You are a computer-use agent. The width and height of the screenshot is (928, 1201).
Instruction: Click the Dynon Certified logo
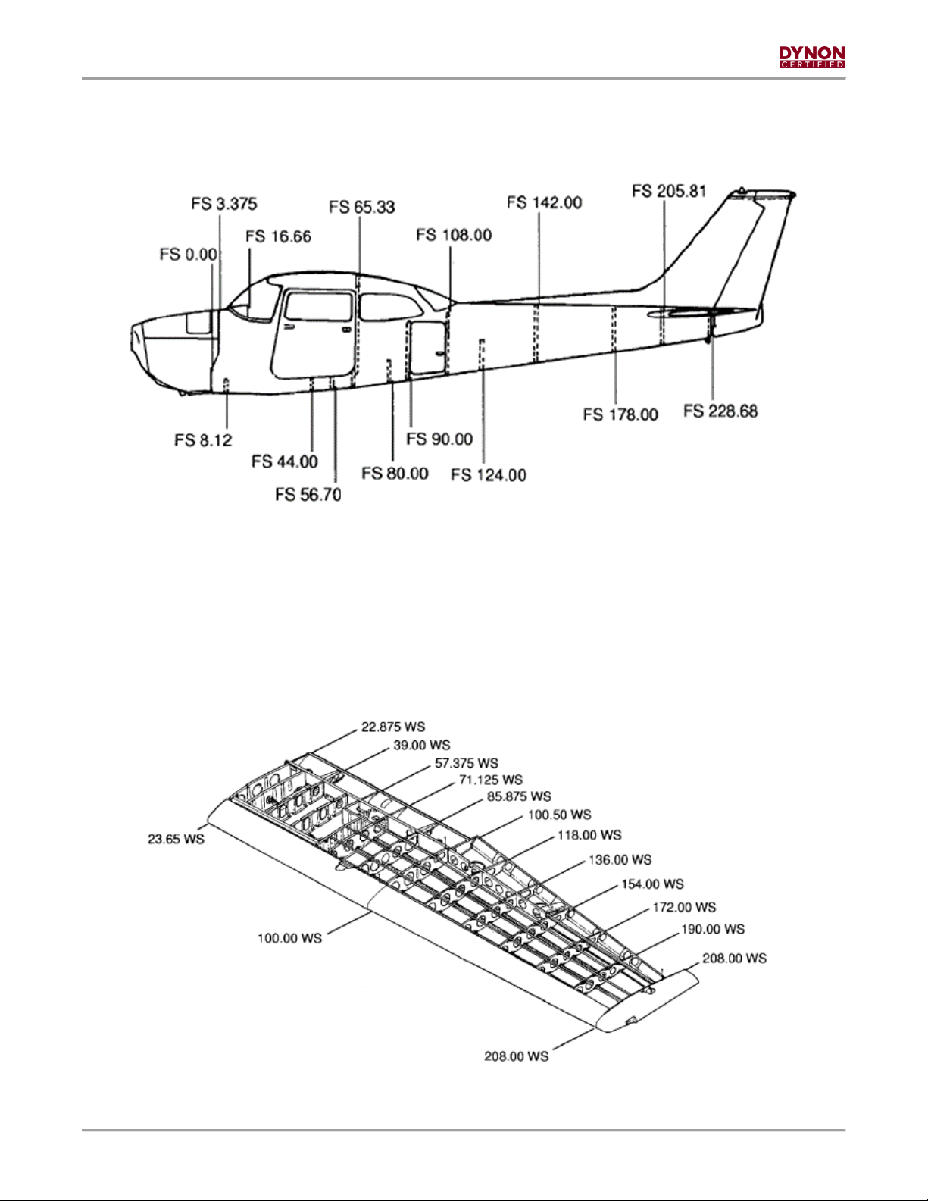coord(812,57)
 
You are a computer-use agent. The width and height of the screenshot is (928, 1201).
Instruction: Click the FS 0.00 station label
coord(189,255)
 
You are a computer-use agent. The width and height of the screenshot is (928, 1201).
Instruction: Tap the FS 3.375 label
coord(224,204)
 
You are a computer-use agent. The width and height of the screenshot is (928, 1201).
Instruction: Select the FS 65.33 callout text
coord(362,208)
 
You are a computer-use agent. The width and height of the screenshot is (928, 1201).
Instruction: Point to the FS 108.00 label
coord(454,236)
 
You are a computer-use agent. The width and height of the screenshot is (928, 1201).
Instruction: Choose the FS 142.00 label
coord(545,202)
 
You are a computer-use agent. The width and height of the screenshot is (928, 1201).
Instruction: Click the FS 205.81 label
coord(669,191)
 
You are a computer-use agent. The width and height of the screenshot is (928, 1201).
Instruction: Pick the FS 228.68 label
coord(720,411)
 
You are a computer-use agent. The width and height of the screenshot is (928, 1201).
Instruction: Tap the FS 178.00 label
coord(620,414)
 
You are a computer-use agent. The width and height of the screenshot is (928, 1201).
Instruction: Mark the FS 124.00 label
coord(489,475)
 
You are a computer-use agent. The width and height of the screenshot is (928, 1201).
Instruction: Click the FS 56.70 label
coord(308,495)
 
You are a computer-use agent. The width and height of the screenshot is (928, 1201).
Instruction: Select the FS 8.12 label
coord(203,440)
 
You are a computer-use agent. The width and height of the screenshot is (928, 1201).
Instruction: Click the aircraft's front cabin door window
coord(318,305)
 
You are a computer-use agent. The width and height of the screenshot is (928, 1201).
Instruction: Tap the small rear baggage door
coord(427,347)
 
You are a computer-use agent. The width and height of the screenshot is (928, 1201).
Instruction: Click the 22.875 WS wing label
coord(393,727)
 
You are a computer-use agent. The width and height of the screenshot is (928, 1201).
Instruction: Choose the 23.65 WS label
coord(176,839)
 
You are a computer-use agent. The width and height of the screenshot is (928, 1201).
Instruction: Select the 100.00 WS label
coord(290,938)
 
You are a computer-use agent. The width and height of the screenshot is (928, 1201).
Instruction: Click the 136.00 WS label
coord(620,860)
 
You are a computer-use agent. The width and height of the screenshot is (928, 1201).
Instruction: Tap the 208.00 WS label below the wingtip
coord(517,1056)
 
